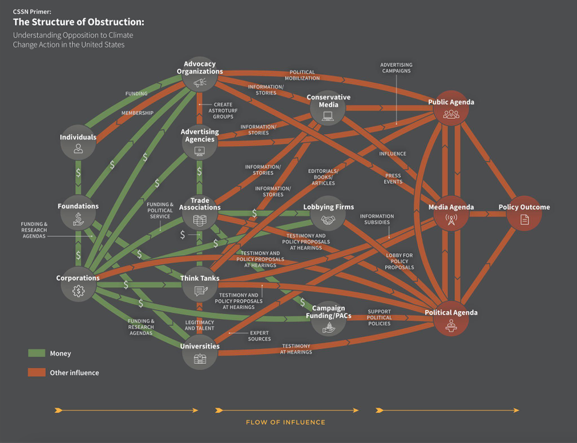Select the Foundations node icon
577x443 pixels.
point(78,219)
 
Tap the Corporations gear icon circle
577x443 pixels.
point(78,291)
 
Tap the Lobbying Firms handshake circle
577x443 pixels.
point(328,220)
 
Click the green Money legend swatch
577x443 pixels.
point(37,353)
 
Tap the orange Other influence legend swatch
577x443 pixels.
point(37,372)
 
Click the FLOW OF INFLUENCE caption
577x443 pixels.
point(285,422)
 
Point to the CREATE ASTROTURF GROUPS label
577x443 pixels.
point(223,111)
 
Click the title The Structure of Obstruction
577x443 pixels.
point(79,23)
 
